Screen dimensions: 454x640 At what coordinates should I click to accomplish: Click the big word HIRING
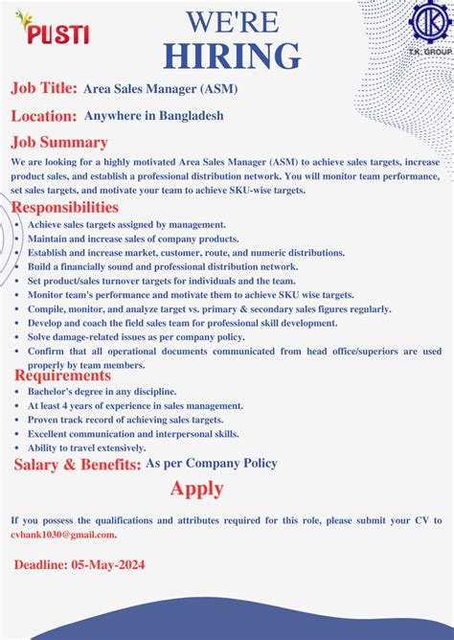point(231,56)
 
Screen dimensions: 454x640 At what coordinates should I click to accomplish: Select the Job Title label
point(44,88)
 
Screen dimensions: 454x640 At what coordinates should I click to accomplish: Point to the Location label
point(44,116)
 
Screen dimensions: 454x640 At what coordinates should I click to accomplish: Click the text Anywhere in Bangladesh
point(154,116)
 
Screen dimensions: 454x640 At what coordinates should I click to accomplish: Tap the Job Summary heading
point(58,143)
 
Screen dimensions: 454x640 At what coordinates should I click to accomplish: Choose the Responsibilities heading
point(65,208)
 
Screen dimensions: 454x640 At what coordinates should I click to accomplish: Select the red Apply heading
point(197,489)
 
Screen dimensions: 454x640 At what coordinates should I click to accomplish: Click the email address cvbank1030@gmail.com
point(63,535)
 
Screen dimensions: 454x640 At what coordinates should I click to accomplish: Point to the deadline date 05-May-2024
point(108,565)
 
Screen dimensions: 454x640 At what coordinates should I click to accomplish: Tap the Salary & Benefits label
point(77,465)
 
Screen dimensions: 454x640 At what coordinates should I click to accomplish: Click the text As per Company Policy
point(211,464)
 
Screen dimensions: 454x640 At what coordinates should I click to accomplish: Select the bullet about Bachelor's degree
point(102,392)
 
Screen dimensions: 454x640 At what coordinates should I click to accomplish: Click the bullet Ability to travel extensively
point(86,447)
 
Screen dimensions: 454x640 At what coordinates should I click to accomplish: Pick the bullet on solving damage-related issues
point(135,337)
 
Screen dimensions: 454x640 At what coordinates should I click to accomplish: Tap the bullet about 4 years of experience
point(135,406)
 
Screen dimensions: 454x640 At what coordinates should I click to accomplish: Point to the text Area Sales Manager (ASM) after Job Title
point(161,89)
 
